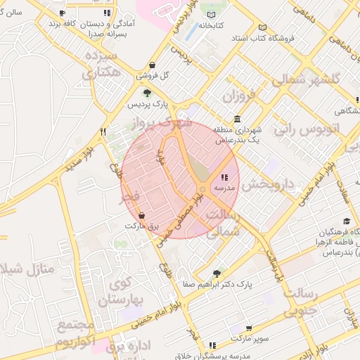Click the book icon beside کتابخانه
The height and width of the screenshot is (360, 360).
click(211, 13)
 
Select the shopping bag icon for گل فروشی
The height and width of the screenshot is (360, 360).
click(153, 63)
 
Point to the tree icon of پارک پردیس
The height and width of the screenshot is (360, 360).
click(147, 93)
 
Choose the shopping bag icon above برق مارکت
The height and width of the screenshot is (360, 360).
click(142, 216)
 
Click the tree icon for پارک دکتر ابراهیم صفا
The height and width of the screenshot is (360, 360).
click(217, 274)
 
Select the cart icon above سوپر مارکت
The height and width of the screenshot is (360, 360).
click(250, 328)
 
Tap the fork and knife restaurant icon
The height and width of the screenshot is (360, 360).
click(103, 131)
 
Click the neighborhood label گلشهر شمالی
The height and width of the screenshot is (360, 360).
click(306, 79)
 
